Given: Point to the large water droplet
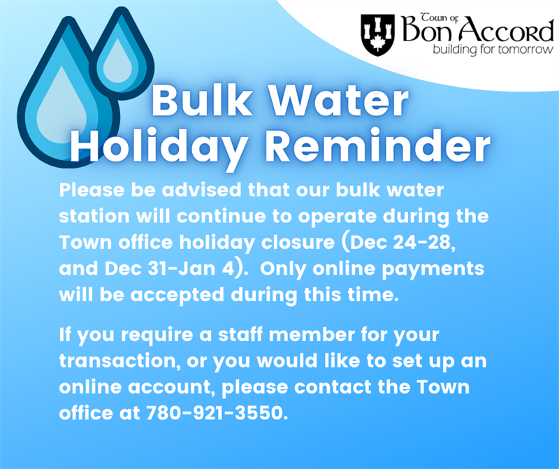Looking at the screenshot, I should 59,105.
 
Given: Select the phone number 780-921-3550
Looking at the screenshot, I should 217,412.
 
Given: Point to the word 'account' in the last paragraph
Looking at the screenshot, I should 168,387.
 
